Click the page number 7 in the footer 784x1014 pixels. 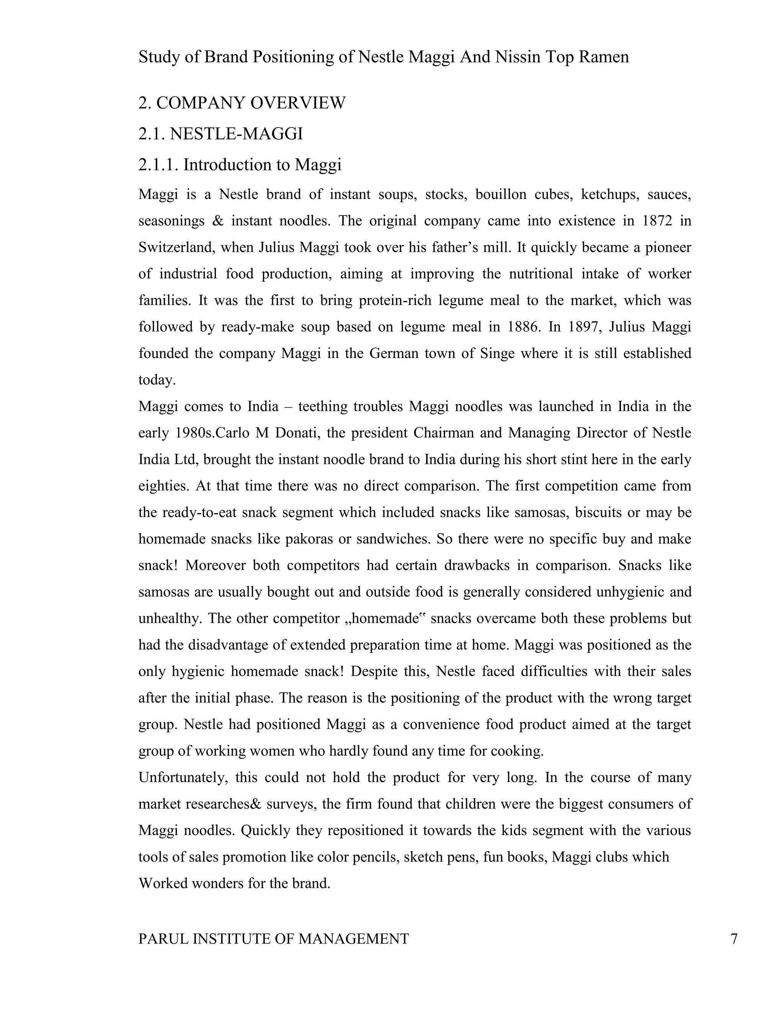click(734, 939)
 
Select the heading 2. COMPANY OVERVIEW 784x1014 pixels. click(242, 103)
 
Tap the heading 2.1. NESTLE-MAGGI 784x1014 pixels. click(220, 134)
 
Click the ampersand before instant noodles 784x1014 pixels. click(217, 220)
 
